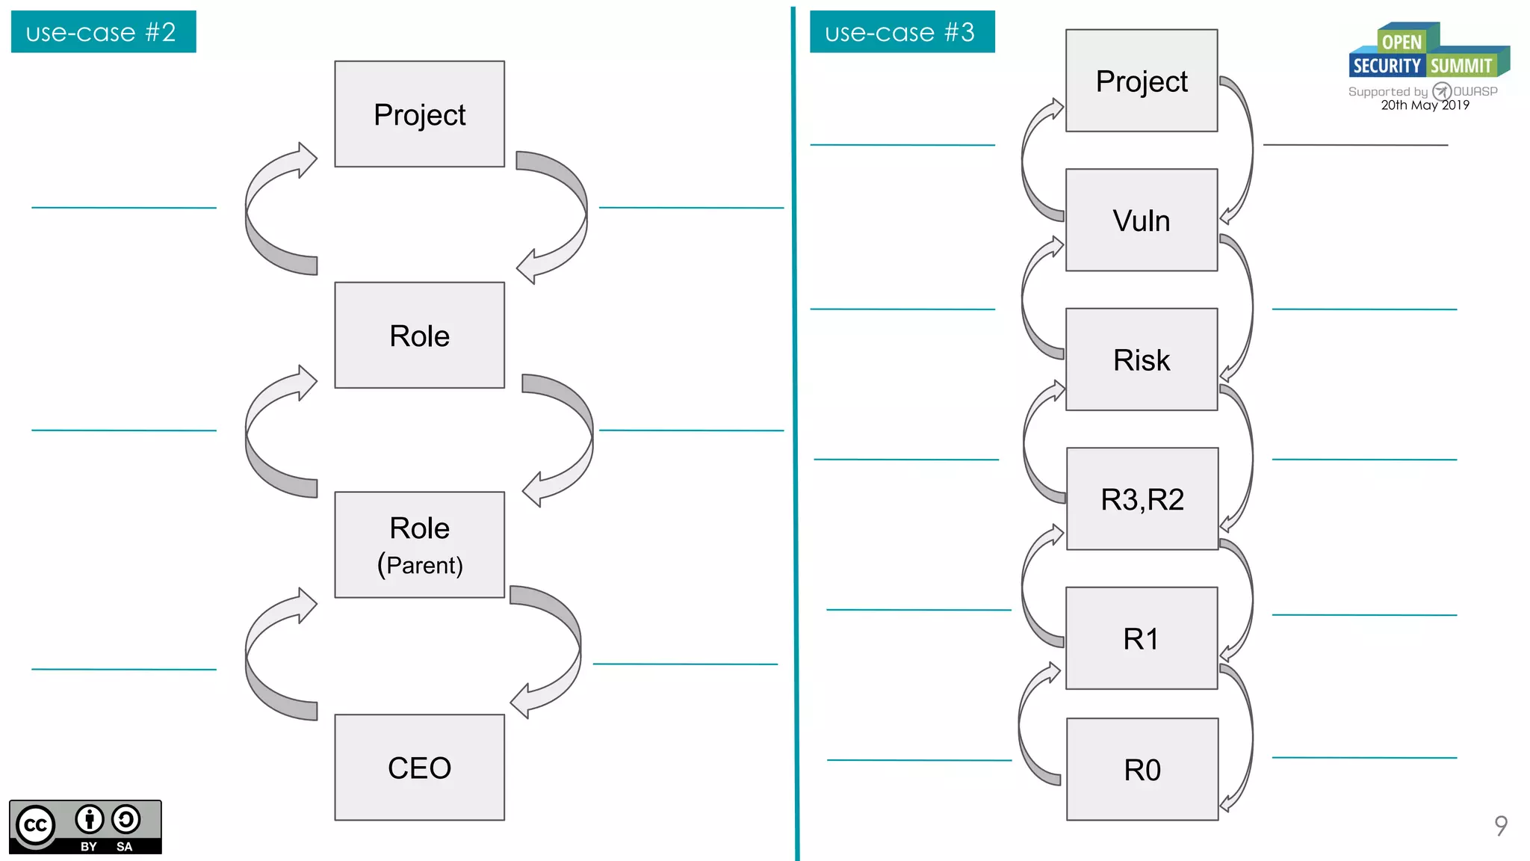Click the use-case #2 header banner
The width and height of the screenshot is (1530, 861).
click(103, 32)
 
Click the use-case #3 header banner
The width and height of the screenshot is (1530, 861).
click(902, 32)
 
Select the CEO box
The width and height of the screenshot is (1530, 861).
click(419, 768)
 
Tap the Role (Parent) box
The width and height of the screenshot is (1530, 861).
click(419, 545)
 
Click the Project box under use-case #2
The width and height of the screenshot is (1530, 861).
click(419, 114)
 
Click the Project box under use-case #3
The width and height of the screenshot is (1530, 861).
click(1141, 81)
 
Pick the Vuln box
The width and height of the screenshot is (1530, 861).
click(1141, 220)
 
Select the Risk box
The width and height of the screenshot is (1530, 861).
click(1141, 359)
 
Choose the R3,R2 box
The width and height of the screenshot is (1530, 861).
click(1142, 499)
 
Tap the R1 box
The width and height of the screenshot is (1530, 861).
click(1141, 638)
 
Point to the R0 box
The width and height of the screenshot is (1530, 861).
click(1142, 769)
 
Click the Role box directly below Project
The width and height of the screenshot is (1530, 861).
click(419, 336)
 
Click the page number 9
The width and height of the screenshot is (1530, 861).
click(1500, 825)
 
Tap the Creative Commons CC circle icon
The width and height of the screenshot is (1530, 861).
click(35, 825)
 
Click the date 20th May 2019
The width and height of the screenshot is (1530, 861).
click(1425, 105)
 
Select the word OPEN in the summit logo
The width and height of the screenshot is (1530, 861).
click(1402, 42)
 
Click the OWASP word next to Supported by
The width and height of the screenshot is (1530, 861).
click(1475, 91)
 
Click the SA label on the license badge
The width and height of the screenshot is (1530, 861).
click(124, 847)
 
